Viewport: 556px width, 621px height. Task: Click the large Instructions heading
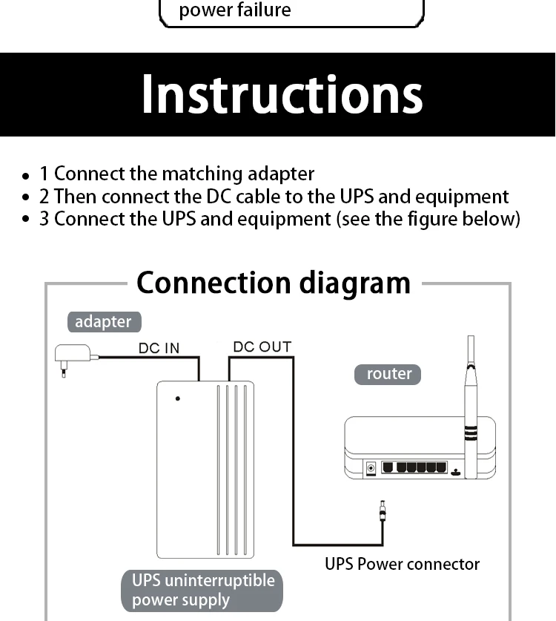tap(282, 95)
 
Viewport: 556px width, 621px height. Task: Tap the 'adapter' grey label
tap(103, 322)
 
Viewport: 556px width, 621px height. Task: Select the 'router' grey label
tap(389, 374)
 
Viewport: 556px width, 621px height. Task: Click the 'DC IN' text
tap(159, 348)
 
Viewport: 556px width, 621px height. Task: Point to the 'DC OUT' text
tap(262, 346)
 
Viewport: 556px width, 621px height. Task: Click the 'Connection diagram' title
tap(273, 283)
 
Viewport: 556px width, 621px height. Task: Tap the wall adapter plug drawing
tap(73, 355)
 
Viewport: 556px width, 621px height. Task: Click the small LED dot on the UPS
tap(178, 398)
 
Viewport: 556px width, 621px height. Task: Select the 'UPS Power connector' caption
tap(402, 564)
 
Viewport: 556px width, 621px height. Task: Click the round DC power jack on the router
tap(371, 467)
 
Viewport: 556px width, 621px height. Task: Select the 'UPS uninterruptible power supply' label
tap(202, 590)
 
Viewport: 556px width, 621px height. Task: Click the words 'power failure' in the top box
tap(235, 10)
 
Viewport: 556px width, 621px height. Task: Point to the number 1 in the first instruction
tap(44, 174)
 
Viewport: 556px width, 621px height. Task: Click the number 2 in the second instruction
tap(44, 197)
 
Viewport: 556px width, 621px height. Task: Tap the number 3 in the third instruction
tap(44, 219)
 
